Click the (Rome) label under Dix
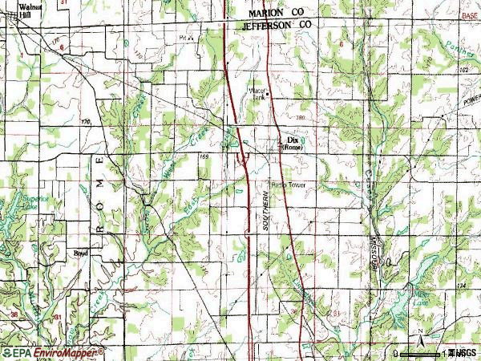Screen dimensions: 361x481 click(x=292, y=147)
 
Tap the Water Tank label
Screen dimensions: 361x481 click(x=258, y=93)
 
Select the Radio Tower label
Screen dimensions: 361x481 click(x=289, y=185)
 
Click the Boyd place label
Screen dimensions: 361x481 click(x=79, y=251)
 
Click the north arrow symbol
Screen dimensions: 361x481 click(x=419, y=332)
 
